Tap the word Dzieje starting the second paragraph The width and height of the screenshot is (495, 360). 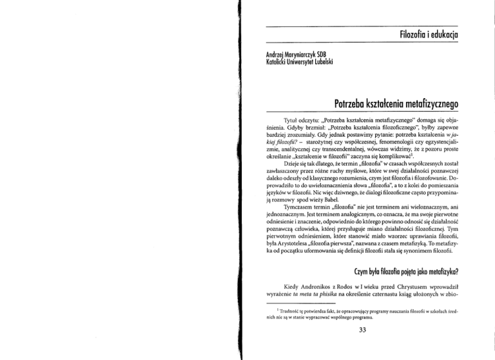click(284, 164)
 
